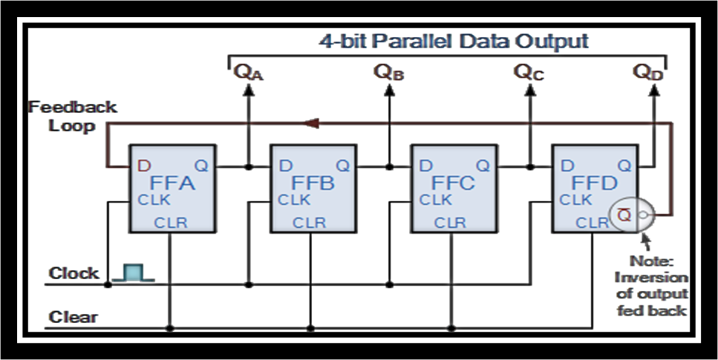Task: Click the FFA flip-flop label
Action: [172, 183]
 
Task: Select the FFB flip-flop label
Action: [313, 183]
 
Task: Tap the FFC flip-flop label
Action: [453, 183]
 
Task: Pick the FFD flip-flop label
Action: [594, 183]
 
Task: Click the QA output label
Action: [248, 71]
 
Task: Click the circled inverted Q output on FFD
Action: [626, 215]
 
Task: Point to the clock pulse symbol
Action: [132, 274]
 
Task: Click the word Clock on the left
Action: [74, 273]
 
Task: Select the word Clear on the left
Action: [73, 317]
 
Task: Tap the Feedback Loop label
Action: [72, 117]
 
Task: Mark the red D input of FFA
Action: [143, 165]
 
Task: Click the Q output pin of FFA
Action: [201, 165]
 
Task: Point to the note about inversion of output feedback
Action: [650, 286]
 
